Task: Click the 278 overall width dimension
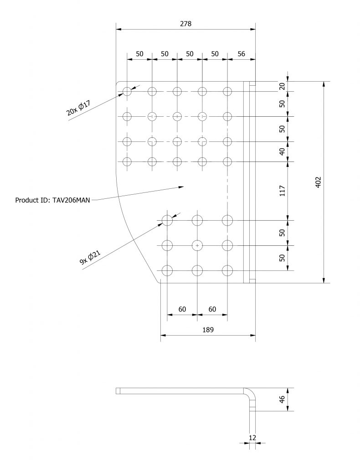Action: point(185,24)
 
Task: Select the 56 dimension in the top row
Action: point(241,54)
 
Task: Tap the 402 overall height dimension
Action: point(318,182)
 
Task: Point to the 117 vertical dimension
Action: point(283,191)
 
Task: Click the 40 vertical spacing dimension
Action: point(283,151)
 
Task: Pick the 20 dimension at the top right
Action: point(283,86)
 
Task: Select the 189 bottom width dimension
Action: point(208,330)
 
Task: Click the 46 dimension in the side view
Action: point(283,399)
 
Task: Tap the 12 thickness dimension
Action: point(252,438)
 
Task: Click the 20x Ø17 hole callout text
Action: point(78,108)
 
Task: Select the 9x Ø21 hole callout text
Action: point(90,258)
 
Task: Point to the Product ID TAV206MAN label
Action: point(52,200)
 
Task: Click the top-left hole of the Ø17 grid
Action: point(127,91)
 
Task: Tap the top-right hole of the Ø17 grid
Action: point(227,91)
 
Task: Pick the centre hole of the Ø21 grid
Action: point(197,246)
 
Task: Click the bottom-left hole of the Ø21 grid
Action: point(167,271)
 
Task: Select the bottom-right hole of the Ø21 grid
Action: point(227,271)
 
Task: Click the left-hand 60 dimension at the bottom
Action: point(182,310)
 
